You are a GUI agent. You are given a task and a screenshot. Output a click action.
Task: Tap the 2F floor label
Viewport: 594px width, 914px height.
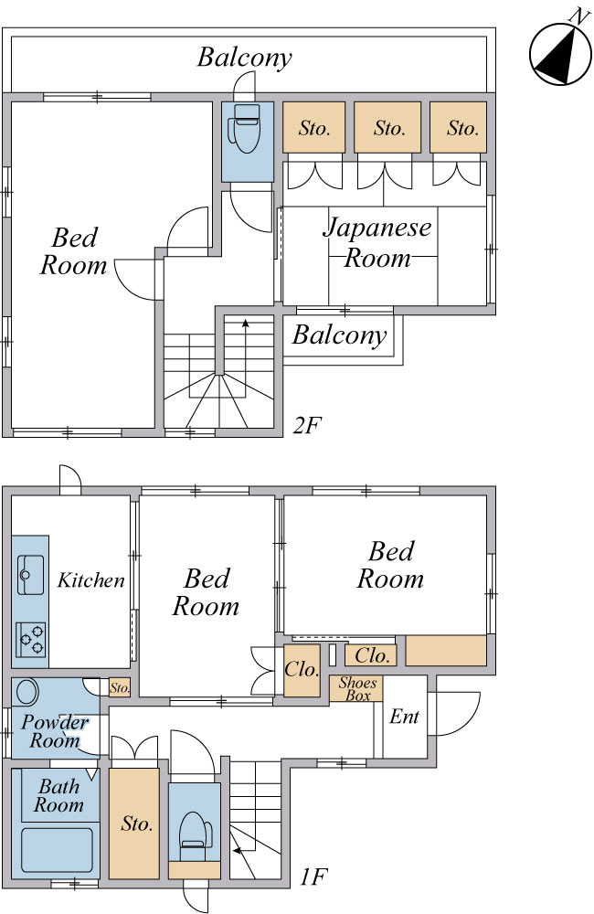[308, 426]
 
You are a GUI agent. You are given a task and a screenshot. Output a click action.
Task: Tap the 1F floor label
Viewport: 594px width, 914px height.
[313, 877]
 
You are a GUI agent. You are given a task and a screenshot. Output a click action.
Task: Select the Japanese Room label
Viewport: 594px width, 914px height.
[377, 242]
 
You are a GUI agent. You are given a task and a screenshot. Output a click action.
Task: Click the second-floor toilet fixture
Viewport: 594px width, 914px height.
[245, 128]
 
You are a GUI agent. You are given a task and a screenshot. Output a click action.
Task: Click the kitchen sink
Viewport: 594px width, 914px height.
[30, 575]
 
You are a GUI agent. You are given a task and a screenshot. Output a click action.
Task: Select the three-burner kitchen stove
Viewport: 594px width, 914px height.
[31, 640]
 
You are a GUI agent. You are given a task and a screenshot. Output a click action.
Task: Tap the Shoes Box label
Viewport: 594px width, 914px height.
[357, 689]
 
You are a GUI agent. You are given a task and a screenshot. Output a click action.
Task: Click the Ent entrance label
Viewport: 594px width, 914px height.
[405, 717]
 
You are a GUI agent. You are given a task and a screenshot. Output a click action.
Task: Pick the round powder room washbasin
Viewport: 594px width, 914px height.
[27, 692]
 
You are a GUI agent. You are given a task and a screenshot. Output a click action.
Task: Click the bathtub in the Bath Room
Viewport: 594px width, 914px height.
[58, 849]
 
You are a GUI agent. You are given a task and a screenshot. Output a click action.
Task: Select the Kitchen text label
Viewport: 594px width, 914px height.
[91, 580]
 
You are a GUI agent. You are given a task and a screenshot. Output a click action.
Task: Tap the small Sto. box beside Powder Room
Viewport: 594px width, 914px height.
[120, 687]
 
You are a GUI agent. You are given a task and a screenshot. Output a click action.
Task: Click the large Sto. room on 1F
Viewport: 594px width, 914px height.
[134, 824]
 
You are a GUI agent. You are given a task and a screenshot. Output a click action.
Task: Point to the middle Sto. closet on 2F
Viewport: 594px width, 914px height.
[387, 128]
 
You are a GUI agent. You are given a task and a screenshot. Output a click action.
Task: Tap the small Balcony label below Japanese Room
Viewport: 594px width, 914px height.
[340, 336]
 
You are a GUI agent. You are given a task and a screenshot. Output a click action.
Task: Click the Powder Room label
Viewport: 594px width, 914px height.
[55, 731]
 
